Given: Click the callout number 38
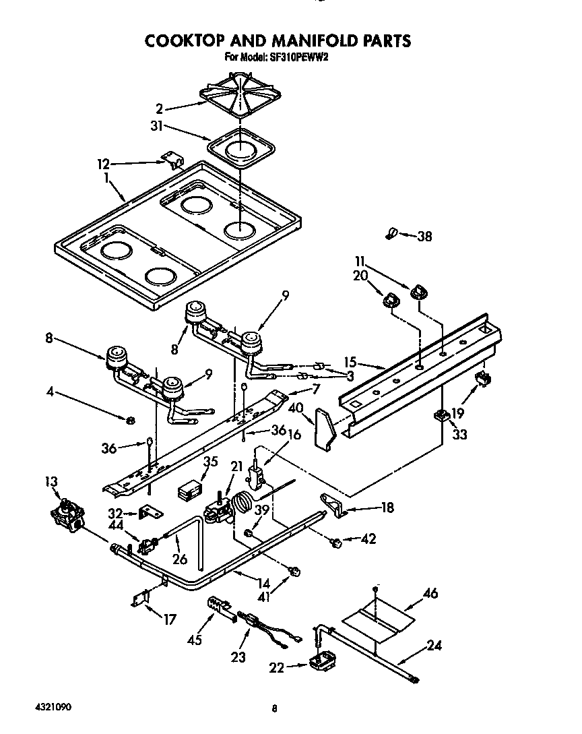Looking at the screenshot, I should [x=424, y=236].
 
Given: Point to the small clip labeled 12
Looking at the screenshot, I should [x=174, y=160].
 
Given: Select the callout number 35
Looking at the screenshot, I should [x=212, y=462].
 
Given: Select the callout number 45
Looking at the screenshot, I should [x=195, y=640].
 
